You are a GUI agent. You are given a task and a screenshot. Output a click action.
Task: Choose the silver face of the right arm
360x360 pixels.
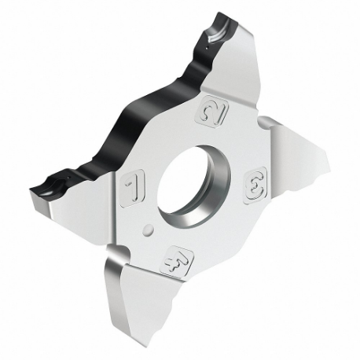coord(303,169)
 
